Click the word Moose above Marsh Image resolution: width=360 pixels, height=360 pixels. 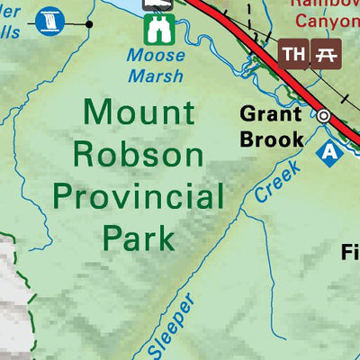[x=155, y=57]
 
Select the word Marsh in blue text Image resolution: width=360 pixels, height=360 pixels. [x=155, y=76]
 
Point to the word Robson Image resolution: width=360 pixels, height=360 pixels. [x=138, y=155]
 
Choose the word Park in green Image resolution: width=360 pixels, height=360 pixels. [x=138, y=238]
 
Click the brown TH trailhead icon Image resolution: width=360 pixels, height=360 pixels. [x=293, y=54]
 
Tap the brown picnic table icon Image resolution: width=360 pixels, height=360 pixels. [x=324, y=54]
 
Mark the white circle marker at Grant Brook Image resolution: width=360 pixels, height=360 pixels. [x=322, y=115]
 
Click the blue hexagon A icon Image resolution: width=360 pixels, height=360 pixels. [x=331, y=152]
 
